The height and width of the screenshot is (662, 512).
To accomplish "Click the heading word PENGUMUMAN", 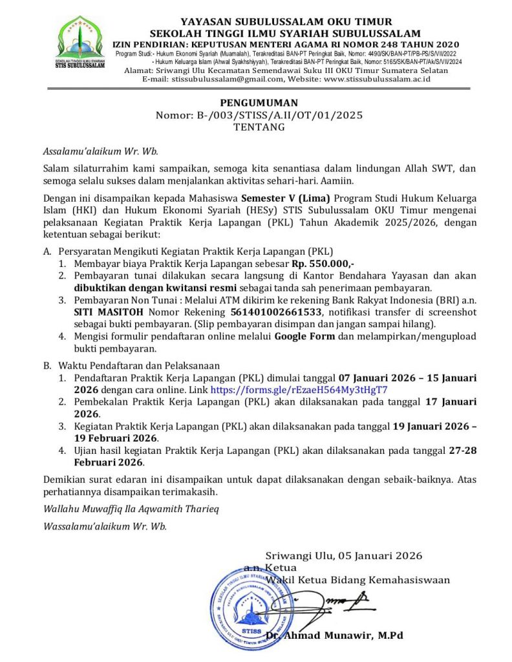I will [259, 103].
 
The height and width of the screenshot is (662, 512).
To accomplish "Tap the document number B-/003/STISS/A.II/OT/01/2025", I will [259, 115].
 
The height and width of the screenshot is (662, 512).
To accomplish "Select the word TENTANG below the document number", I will [259, 127].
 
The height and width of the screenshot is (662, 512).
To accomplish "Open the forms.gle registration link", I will [299, 390].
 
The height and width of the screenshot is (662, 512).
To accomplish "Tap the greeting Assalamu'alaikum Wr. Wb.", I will [100, 152].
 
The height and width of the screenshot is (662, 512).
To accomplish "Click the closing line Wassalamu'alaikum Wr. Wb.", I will [105, 526].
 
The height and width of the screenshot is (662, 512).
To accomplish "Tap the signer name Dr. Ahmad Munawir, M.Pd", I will [335, 635].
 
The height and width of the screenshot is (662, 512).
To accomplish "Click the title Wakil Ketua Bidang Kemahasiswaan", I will [358, 580].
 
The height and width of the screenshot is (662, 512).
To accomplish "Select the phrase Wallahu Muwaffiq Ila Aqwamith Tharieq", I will [131, 508].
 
